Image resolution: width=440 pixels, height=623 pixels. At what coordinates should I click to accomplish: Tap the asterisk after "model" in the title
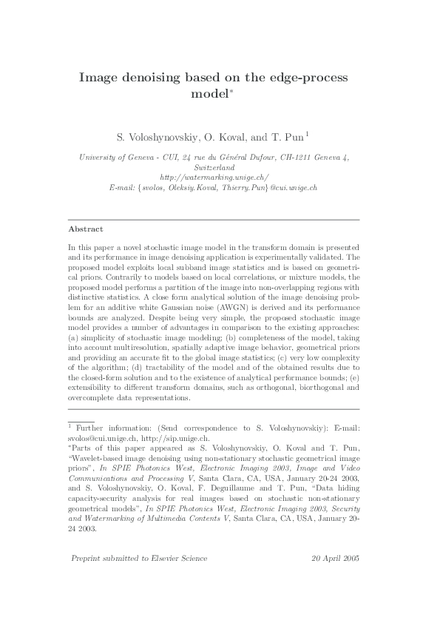[x=231, y=92]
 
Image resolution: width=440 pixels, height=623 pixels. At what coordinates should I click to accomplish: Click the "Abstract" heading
[x=86, y=229]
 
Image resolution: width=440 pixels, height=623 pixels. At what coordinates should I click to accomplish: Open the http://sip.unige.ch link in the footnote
[x=138, y=438]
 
